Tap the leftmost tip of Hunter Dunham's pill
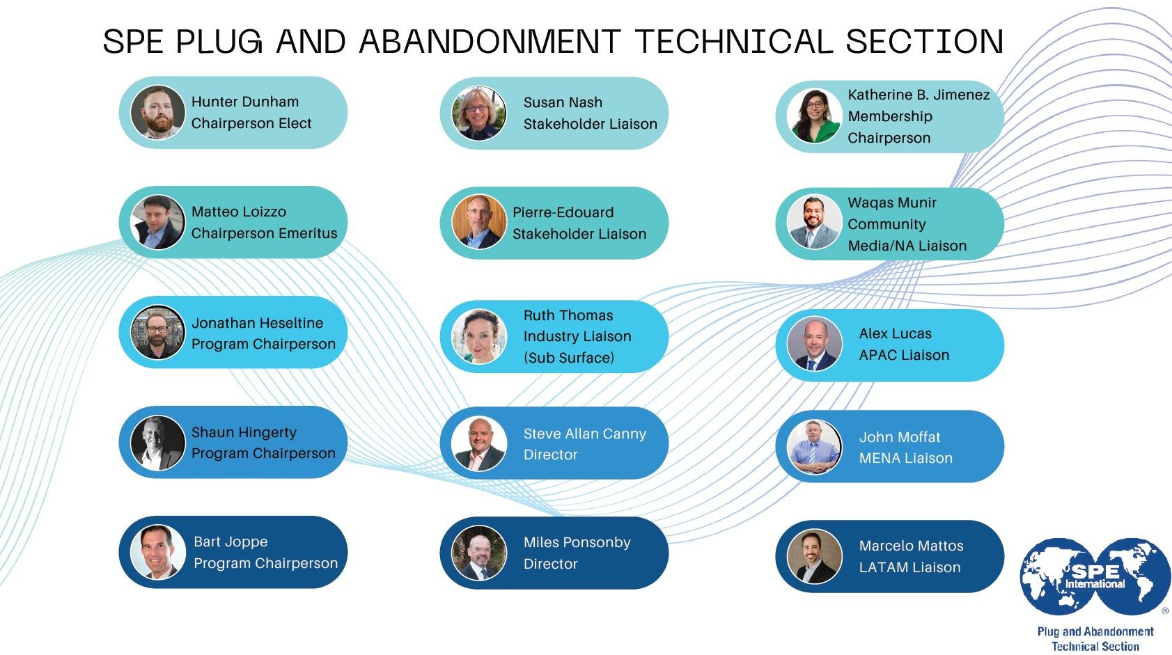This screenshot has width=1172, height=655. (x=119, y=113)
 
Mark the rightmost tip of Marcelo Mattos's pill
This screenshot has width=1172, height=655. (x=1004, y=556)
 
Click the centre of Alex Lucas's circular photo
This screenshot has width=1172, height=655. (x=814, y=345)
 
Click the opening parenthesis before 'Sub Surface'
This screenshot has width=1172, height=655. (x=526, y=358)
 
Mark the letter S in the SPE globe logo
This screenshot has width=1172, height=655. (x=1081, y=571)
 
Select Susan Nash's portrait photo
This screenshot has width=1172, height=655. (x=478, y=113)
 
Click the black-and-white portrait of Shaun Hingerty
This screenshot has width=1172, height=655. (x=157, y=443)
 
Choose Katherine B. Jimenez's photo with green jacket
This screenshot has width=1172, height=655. (x=814, y=116)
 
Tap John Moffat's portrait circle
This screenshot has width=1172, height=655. (x=814, y=447)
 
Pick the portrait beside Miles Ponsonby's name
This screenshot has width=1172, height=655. (x=478, y=553)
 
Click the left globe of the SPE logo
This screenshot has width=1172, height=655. (x=1057, y=576)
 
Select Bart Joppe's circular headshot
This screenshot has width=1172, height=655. (x=157, y=552)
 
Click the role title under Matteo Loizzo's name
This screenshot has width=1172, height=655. (x=264, y=233)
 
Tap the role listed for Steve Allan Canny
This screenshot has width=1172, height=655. (x=550, y=455)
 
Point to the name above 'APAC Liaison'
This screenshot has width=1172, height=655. (x=896, y=333)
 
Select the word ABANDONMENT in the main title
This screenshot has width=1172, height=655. (x=490, y=41)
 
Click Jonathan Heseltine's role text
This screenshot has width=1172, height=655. (x=263, y=345)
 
